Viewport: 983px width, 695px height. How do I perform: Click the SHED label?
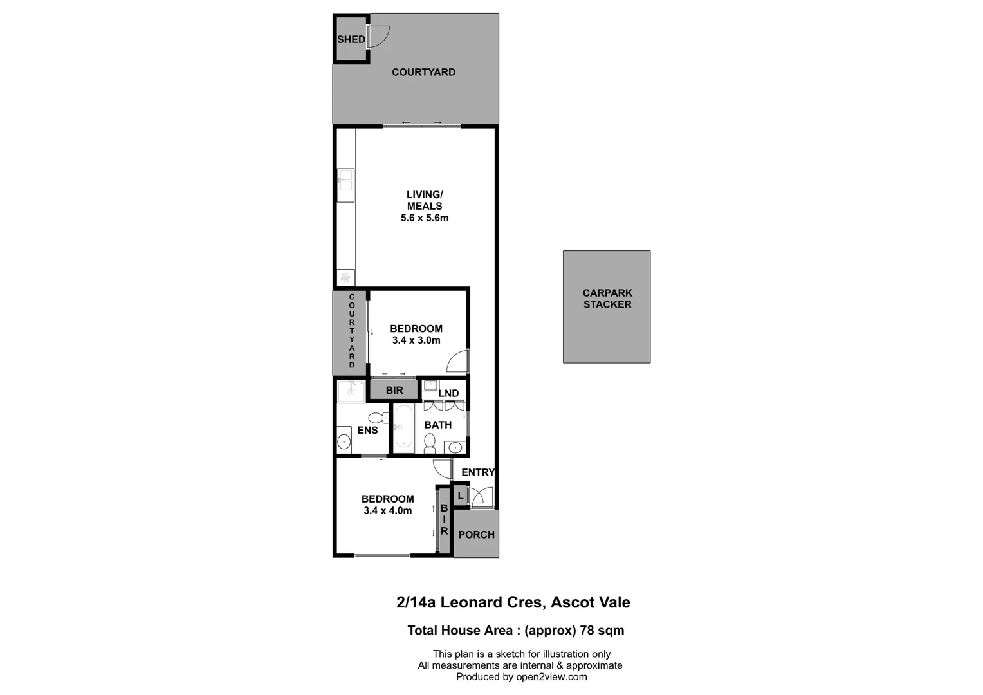[x=351, y=39]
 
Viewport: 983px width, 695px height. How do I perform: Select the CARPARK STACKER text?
[x=607, y=299]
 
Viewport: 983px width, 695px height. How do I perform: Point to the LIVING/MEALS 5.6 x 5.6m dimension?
[x=425, y=218]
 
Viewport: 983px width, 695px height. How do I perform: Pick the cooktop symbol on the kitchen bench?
[x=345, y=278]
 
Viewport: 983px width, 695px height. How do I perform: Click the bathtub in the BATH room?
[x=403, y=426]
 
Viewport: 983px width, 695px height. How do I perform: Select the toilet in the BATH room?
[x=430, y=443]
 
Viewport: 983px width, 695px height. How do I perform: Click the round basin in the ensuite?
[x=344, y=442]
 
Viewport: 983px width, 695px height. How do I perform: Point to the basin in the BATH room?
[x=455, y=447]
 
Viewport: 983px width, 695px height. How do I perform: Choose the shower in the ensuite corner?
[x=351, y=391]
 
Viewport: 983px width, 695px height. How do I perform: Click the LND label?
[x=448, y=393]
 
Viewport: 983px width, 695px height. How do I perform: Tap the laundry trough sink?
[x=430, y=386]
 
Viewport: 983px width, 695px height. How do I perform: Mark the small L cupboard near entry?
[x=460, y=496]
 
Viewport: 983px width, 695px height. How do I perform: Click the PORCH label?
[x=476, y=535]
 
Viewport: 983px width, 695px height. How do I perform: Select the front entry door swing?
[x=479, y=497]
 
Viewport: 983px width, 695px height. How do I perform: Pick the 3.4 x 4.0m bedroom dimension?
[x=387, y=511]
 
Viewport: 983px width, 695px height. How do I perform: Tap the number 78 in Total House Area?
[x=587, y=631]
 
